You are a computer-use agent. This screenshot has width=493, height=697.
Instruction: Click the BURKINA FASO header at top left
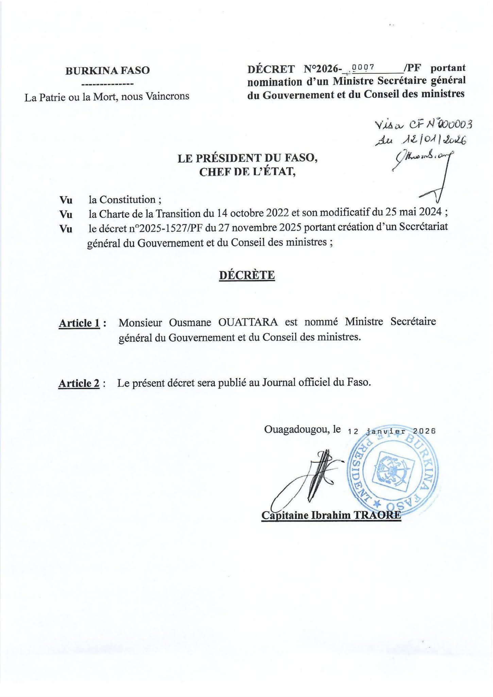click(x=107, y=70)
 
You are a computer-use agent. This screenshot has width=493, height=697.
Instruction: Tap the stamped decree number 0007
click(x=363, y=67)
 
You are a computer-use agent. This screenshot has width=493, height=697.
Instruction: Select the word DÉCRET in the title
click(x=271, y=69)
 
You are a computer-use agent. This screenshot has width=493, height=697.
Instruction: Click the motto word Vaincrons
click(x=167, y=96)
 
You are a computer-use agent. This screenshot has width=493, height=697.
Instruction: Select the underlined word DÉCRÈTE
click(x=247, y=275)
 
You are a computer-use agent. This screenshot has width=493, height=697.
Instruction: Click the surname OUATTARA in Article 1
click(x=248, y=322)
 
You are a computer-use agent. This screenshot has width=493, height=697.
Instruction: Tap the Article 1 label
click(x=80, y=323)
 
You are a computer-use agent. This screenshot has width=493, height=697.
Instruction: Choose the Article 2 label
click(x=79, y=383)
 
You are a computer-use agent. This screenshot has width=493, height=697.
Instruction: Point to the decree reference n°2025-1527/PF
click(x=162, y=228)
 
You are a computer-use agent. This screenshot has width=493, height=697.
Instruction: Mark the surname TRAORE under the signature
click(x=377, y=515)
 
